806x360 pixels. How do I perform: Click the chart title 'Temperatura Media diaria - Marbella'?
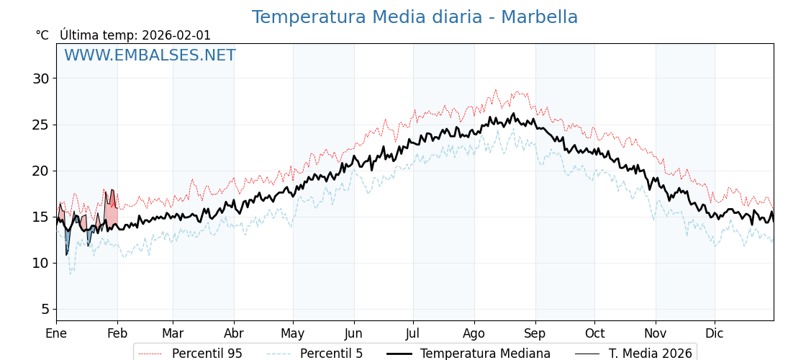coord(415,17)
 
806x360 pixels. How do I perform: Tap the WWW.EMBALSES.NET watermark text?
coord(150,55)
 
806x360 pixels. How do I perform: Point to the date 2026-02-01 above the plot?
coord(176,35)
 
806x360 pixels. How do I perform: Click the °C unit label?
coord(42,35)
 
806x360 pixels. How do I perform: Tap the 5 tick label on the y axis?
coord(45,309)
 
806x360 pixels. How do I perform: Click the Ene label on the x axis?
coord(56,333)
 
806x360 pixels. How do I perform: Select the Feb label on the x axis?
coord(117,333)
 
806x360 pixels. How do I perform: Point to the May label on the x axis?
coord(293,333)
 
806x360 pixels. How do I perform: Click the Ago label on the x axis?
coord(474,333)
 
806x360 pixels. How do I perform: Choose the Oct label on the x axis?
coord(594,333)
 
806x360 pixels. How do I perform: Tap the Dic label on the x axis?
coord(715,333)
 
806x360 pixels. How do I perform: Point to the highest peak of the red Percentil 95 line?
coord(495,90)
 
